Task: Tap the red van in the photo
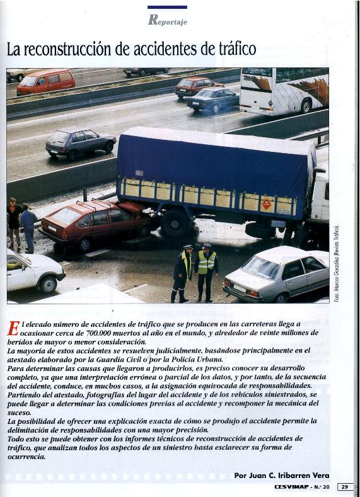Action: [45, 82]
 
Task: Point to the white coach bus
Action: [284, 90]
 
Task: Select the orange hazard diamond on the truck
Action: [266, 203]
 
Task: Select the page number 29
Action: [345, 487]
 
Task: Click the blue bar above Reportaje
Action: [167, 7]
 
